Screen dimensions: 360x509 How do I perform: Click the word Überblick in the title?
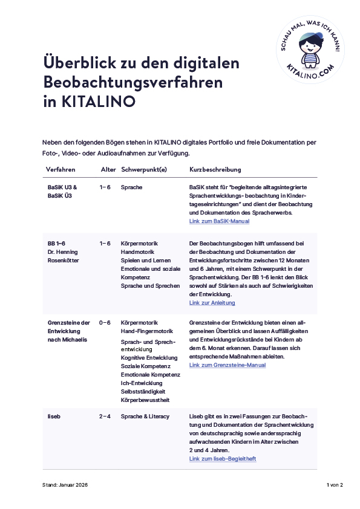(77, 63)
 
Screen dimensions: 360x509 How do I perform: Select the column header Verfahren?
(61, 169)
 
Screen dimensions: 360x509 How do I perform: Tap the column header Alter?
(108, 169)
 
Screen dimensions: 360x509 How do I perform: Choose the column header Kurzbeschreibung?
(215, 169)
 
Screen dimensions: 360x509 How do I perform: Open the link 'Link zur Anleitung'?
(212, 302)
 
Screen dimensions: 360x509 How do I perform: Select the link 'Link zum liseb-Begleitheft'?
(223, 459)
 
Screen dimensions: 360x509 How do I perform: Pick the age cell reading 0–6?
(105, 322)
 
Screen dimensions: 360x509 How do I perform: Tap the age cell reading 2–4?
(105, 417)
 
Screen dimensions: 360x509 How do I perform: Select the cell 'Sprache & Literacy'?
(145, 417)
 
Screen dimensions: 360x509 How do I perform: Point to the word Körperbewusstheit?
(145, 400)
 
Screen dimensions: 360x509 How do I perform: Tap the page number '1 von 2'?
(335, 485)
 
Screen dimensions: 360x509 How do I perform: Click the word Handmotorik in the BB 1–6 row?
(138, 251)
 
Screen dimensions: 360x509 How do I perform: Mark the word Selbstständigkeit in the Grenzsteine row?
(143, 391)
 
